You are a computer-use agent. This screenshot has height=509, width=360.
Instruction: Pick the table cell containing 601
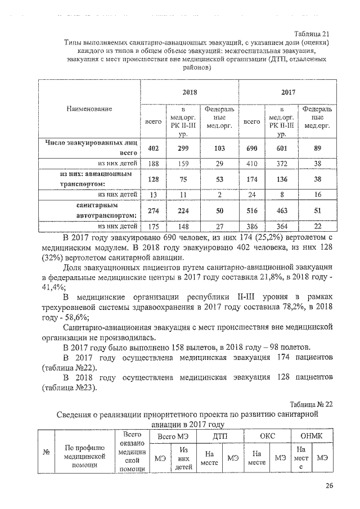(x=281, y=148)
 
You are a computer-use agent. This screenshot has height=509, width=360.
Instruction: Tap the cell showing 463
(x=281, y=211)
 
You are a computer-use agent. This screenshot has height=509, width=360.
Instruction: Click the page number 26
(x=328, y=487)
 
